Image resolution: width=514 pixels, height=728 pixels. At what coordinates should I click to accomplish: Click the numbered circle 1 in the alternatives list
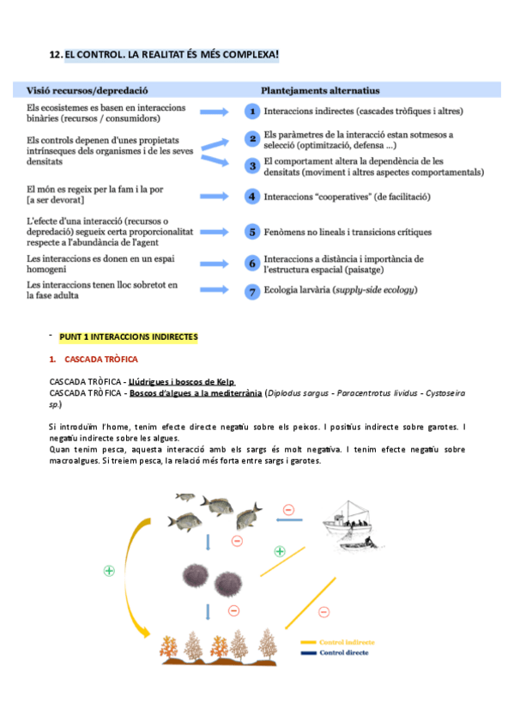pyautogui.click(x=252, y=112)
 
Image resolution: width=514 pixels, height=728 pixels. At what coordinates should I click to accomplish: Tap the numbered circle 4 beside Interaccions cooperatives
pyautogui.click(x=252, y=197)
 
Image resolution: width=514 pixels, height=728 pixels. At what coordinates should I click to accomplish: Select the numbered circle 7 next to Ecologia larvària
pyautogui.click(x=252, y=291)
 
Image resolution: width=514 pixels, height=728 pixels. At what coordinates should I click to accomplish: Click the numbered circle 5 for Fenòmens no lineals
pyautogui.click(x=252, y=232)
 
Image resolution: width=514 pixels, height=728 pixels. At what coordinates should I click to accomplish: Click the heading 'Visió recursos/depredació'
pyautogui.click(x=88, y=89)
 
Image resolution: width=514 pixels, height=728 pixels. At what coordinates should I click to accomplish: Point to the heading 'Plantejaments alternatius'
pyautogui.click(x=320, y=89)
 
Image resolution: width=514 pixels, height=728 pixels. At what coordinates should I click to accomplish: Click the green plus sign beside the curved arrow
pyautogui.click(x=109, y=570)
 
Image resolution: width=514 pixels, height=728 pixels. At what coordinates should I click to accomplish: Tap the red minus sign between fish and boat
pyautogui.click(x=288, y=509)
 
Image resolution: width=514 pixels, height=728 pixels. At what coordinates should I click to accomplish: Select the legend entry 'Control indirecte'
pyautogui.click(x=347, y=641)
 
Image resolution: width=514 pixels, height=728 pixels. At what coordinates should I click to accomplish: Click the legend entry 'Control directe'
pyautogui.click(x=343, y=652)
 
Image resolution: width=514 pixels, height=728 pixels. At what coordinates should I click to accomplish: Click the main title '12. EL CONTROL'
pyautogui.click(x=164, y=55)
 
